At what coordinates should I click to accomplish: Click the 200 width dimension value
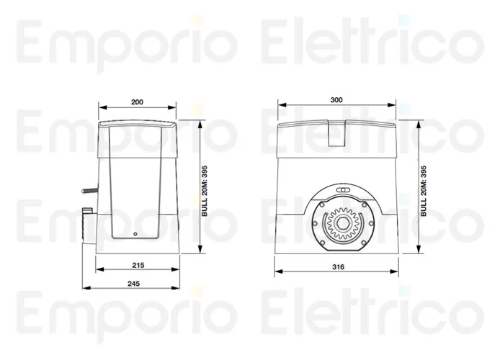pyautogui.click(x=137, y=102)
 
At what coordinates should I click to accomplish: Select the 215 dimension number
pyautogui.click(x=138, y=265)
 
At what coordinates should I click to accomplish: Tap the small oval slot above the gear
pyautogui.click(x=344, y=191)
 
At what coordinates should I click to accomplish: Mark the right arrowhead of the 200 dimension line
pyautogui.click(x=177, y=109)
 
